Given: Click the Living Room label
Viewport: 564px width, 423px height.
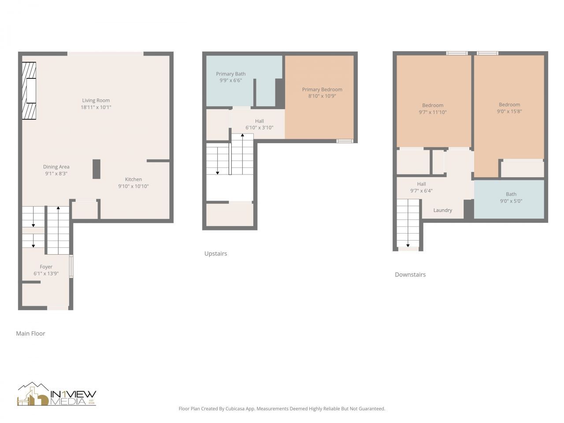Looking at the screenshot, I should [x=96, y=100].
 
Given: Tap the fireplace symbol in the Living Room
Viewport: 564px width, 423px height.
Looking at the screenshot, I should [x=30, y=91].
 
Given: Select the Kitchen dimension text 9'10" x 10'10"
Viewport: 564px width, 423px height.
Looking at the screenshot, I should [x=133, y=186].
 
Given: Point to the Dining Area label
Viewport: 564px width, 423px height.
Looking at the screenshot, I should [x=56, y=167].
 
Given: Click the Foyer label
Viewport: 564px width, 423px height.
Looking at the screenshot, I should [x=46, y=267].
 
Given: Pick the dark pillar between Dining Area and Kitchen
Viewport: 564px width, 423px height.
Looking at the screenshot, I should [x=96, y=169].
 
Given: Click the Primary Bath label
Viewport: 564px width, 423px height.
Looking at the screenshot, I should [x=230, y=74].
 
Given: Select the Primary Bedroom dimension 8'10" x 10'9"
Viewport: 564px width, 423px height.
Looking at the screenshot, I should [x=322, y=96].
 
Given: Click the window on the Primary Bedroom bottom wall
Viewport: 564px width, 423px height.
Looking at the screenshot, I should [x=345, y=141].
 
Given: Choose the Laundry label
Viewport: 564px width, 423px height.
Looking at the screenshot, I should [x=442, y=211].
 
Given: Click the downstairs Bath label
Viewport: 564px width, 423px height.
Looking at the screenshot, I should [x=511, y=194].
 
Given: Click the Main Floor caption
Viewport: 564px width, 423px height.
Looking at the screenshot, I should [x=30, y=334].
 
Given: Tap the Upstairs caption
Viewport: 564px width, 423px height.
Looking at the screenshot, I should [x=215, y=254].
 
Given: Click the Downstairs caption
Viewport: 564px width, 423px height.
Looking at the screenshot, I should [x=410, y=275].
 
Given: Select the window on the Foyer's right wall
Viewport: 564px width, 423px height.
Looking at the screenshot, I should [x=71, y=266].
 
